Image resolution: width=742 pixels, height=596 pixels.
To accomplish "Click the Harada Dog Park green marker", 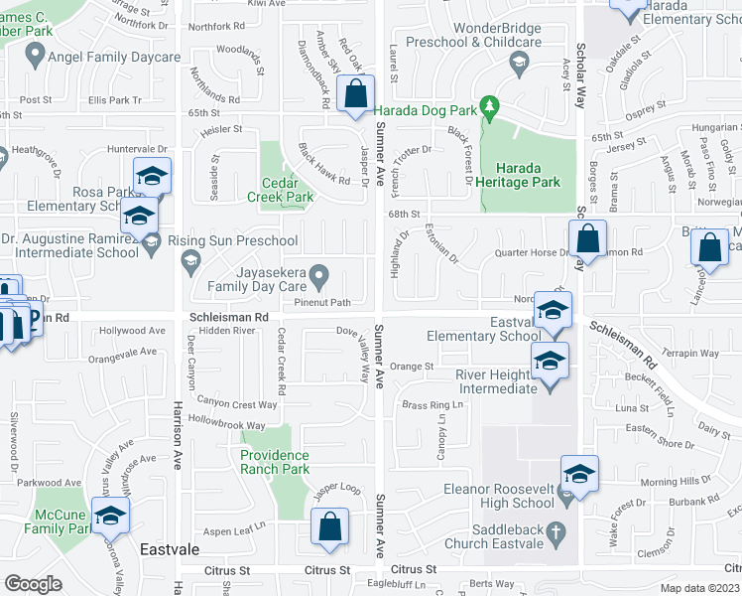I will pos(488,104).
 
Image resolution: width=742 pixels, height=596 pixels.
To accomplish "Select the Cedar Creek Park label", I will pos(287,190).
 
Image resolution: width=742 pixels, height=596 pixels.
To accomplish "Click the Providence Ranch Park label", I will pos(289,462).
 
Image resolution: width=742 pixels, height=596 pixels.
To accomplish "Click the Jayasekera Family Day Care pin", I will pos(318,273).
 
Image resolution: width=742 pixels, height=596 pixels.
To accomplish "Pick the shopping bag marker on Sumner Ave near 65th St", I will pos(355,96).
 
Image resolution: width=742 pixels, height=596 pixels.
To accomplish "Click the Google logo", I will pos(33,584).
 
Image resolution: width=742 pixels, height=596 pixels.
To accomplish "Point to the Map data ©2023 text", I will pos(700,587).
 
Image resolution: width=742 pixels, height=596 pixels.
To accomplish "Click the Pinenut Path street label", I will pos(322,302).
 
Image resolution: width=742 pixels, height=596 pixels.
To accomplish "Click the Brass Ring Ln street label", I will pos(433,405).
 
